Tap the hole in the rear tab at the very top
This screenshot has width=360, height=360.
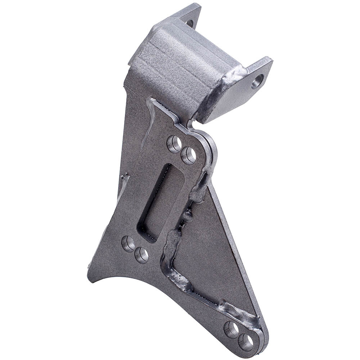tap(190, 23)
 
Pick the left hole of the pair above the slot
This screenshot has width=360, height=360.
tap(174, 144)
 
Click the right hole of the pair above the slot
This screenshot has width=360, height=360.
tap(188, 156)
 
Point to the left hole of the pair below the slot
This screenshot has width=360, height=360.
tap(129, 244)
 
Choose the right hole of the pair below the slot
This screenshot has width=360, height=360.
tap(141, 255)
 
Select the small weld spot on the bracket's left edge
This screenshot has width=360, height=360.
tap(125, 177)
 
